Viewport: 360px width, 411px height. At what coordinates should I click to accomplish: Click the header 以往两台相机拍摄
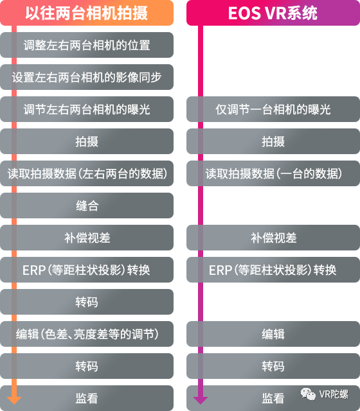[87, 13]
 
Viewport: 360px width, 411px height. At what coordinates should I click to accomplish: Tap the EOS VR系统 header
[273, 13]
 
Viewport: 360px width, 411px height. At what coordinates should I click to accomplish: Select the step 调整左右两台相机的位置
[87, 45]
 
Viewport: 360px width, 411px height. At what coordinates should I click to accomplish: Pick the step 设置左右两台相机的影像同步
[87, 77]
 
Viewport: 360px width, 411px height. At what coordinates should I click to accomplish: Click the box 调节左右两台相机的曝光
[87, 109]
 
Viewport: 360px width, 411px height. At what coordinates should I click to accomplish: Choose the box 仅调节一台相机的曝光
[273, 109]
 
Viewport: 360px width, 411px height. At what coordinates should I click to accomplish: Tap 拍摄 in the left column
[87, 141]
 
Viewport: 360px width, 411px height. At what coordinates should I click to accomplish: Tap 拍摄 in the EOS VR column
[273, 141]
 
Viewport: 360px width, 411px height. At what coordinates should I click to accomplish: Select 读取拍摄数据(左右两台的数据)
[87, 173]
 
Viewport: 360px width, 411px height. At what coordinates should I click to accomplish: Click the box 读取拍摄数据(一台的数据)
[273, 173]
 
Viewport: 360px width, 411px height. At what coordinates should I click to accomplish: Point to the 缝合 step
[87, 205]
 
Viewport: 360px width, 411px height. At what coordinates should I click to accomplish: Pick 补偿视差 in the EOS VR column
[273, 238]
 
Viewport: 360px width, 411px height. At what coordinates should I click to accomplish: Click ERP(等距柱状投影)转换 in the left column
[87, 270]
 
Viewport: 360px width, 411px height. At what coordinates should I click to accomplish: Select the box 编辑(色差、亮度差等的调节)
[87, 334]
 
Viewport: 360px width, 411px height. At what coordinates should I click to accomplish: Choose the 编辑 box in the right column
[273, 334]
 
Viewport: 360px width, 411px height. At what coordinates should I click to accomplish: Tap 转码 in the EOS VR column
[273, 366]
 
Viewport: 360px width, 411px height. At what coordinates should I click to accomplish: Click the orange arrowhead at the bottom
[14, 400]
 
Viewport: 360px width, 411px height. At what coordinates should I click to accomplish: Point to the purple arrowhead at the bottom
[201, 400]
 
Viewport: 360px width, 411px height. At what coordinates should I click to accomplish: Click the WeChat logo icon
[308, 394]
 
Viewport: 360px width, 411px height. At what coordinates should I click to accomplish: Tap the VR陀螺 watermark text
[334, 394]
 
